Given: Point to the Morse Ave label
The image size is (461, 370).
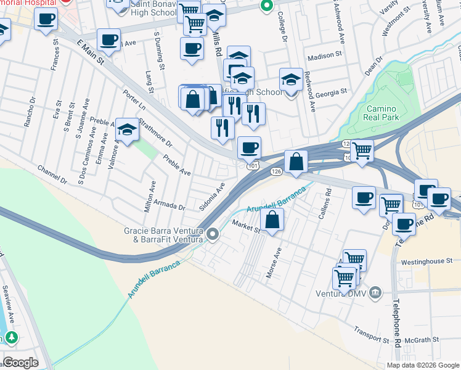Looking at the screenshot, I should pos(273,263).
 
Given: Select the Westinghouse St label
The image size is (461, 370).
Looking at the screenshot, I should pos(426,261).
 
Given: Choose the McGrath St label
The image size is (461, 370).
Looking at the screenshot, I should pos(423,339).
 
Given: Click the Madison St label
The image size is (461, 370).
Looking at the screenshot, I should pos(324,55).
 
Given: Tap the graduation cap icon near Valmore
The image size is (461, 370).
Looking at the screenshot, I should pos(128,129).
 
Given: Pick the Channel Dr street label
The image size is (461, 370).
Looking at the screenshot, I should pos(52,175).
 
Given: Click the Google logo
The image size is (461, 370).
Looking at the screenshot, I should pos(20,363).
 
